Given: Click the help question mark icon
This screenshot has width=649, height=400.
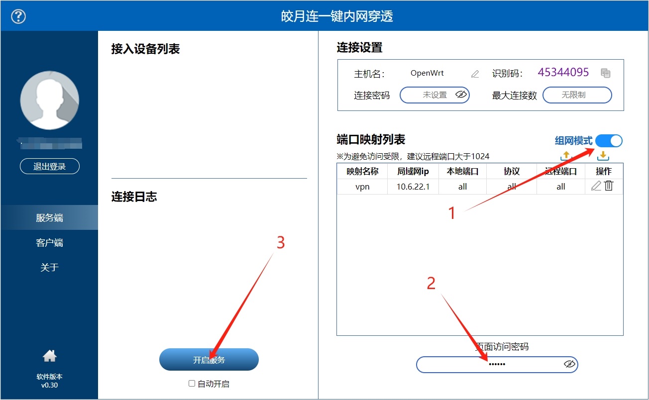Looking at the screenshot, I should [x=18, y=16].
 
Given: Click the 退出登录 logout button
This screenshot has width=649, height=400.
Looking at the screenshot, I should [x=49, y=167].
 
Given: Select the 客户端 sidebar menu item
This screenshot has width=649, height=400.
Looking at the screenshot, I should [x=49, y=243].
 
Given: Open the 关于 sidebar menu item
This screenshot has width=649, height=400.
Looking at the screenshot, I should [x=49, y=268].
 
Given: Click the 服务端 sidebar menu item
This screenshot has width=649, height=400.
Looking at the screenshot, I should [x=49, y=218].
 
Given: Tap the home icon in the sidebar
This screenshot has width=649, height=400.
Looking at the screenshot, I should [x=49, y=356].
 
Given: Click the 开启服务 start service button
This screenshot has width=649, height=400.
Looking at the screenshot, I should [x=209, y=360].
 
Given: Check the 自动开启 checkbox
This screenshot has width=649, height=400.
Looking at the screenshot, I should [x=192, y=384].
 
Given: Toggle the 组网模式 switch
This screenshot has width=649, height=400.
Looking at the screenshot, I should [x=608, y=141].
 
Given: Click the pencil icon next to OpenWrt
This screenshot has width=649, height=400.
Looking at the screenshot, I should [x=475, y=74].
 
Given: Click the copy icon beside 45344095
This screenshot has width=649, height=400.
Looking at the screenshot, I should [x=605, y=73].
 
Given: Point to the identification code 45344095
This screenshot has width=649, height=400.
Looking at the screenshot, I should [x=563, y=73].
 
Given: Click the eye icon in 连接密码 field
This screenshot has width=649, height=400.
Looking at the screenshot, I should [x=461, y=95].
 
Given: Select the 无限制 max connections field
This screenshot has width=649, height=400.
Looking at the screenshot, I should [x=576, y=95].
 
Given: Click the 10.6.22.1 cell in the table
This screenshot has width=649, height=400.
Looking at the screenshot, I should [x=413, y=187].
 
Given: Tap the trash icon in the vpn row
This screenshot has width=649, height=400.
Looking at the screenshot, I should [x=609, y=186].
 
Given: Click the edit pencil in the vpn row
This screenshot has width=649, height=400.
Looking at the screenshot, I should [x=596, y=186].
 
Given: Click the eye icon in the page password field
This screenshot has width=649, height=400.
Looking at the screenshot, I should [x=569, y=364].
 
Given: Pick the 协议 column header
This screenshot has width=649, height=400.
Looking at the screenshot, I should [x=512, y=171].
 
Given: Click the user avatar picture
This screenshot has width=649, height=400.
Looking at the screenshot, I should [x=49, y=100].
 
